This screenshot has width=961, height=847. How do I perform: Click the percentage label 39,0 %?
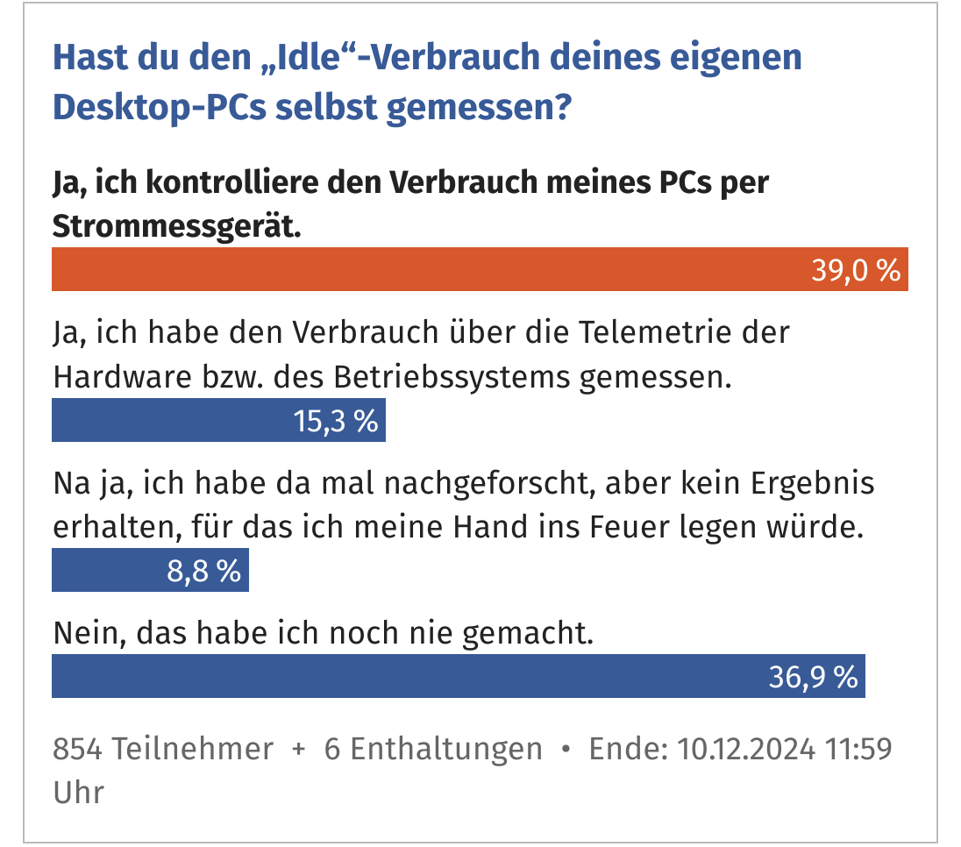coord(856,270)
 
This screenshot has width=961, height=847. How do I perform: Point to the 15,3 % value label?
coord(336,421)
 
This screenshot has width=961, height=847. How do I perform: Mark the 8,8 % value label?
coord(203,571)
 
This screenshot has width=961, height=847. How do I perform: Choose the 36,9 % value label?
coord(813,676)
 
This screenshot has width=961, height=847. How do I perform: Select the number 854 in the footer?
coord(79,750)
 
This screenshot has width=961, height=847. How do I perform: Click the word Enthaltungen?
coord(433,750)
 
